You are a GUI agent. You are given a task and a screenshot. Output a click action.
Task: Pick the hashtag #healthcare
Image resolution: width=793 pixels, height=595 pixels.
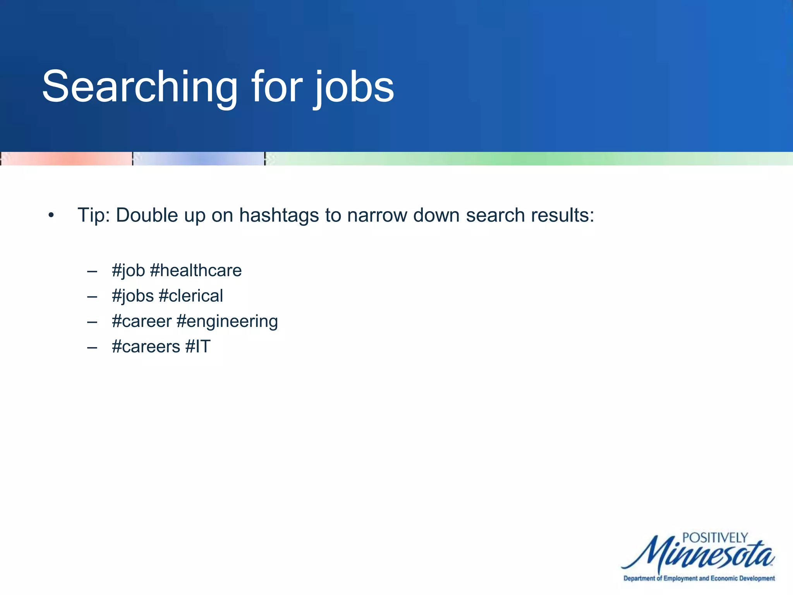[x=196, y=270]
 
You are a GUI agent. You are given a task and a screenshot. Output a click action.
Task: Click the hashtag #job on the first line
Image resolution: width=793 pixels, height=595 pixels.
[x=128, y=271]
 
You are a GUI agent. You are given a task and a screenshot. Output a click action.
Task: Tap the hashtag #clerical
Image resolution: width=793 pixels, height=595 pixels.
[x=191, y=296]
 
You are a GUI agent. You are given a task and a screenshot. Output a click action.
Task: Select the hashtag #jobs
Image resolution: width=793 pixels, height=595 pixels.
[x=133, y=296]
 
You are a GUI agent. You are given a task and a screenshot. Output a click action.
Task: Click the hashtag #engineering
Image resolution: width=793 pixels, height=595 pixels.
[x=227, y=322]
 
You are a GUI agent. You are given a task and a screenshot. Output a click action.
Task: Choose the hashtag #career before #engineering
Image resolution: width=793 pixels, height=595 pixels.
[x=141, y=322]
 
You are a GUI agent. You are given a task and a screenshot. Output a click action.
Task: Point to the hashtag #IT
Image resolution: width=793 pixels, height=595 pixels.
[x=198, y=347]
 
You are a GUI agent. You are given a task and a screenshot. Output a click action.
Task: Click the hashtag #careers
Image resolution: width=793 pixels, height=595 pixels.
[x=146, y=347]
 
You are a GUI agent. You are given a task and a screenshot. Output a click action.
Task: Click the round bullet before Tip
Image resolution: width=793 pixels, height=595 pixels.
[x=51, y=215]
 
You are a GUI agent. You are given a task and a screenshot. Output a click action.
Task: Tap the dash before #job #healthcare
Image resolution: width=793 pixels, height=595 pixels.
[x=92, y=272]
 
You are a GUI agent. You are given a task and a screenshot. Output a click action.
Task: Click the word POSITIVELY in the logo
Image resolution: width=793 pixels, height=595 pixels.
[x=715, y=538]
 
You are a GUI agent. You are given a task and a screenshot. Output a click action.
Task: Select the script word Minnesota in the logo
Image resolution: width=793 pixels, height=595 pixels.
[x=697, y=554]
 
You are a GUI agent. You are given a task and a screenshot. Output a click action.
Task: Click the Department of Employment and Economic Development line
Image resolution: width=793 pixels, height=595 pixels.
[x=699, y=578]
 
